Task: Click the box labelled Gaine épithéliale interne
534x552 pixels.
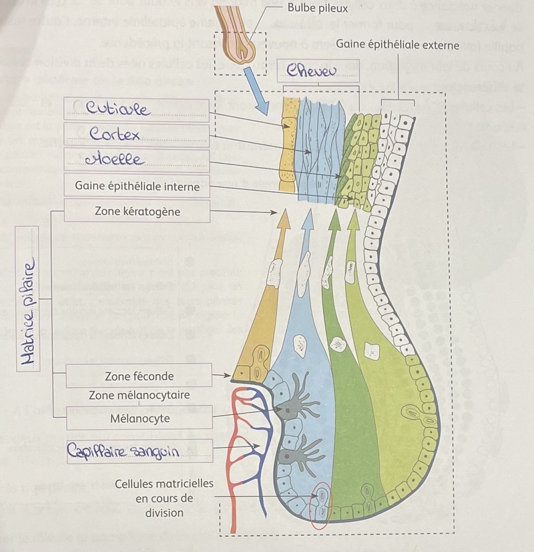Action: (137, 186)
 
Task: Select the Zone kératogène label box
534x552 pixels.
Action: (137, 211)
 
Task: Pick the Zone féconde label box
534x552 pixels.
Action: (139, 376)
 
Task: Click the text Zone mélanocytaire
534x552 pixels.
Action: (139, 395)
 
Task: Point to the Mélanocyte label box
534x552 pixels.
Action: (139, 418)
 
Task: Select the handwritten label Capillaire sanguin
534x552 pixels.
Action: (123, 452)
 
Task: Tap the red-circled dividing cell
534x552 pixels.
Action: (322, 507)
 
